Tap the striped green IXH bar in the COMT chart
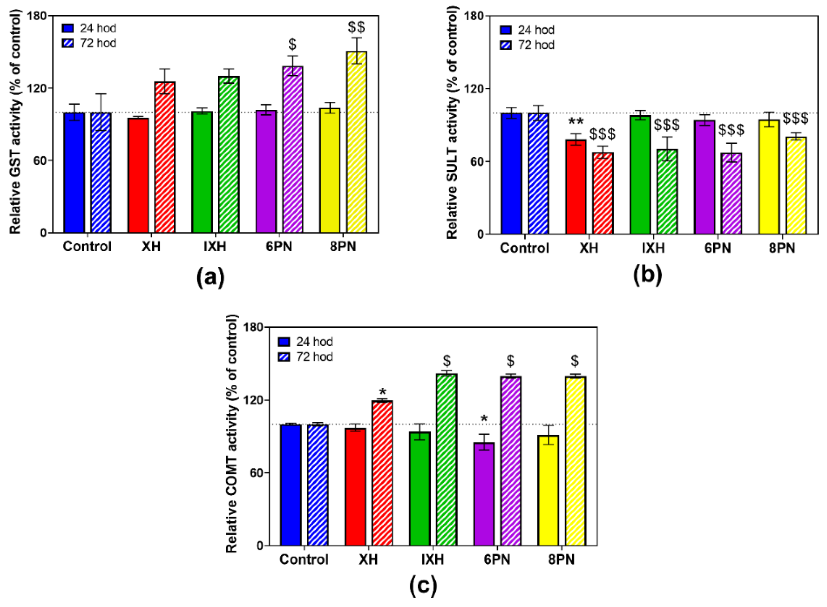446,459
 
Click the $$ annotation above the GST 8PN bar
357,27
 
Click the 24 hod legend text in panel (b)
536,30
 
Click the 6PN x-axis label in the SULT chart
718,248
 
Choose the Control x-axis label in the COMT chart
304,560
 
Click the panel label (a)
210,278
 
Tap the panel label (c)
423,586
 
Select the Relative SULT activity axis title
453,125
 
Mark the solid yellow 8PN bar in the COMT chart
548,490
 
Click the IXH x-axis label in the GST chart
215,246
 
